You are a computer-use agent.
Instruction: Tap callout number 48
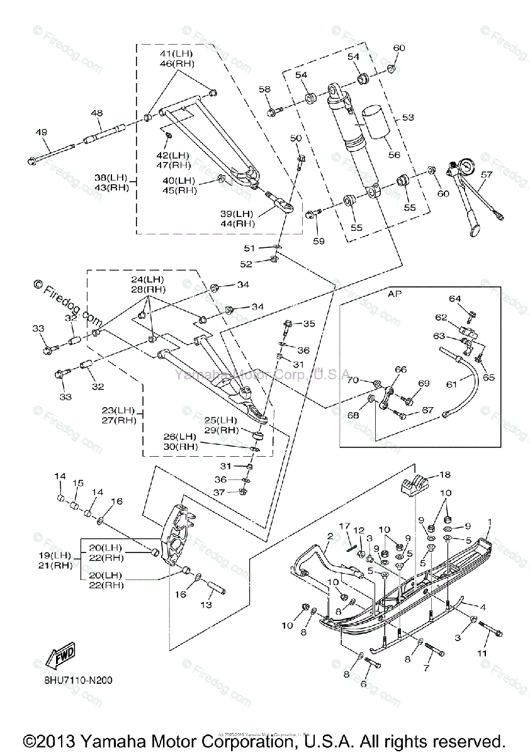(x=96, y=113)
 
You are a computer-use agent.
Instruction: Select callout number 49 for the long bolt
(x=41, y=132)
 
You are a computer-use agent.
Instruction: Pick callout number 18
(x=444, y=475)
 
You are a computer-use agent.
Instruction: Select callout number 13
(x=206, y=605)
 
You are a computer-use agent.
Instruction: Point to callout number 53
(x=409, y=117)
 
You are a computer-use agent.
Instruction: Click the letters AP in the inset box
(x=395, y=293)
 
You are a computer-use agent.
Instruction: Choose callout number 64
(x=455, y=298)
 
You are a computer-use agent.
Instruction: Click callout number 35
(x=308, y=324)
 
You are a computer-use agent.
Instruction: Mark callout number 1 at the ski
(x=490, y=522)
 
